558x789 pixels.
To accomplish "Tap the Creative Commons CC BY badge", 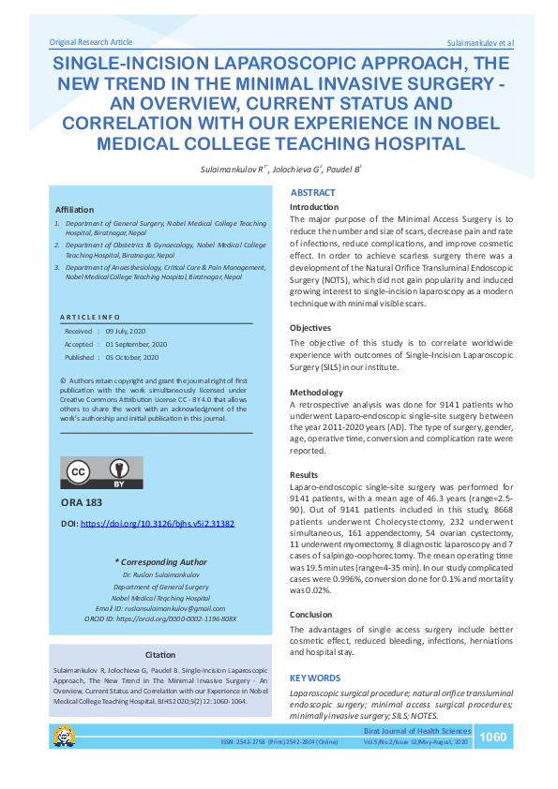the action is coord(101,473).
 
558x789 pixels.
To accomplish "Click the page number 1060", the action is coord(493,737).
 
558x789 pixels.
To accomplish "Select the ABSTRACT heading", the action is coord(312,192).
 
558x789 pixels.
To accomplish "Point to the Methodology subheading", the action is coord(315,392).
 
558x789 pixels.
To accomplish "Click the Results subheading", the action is coord(304,475).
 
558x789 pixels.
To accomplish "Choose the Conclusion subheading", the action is coord(311,615).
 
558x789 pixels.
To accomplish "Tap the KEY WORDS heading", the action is coord(314,677).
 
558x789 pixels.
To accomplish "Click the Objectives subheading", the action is coord(310,328).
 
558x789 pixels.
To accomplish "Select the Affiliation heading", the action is coord(75,209).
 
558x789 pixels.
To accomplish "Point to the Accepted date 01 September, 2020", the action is coord(137,345).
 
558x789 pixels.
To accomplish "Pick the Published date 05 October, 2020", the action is coord(132,358).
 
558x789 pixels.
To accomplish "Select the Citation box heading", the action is coord(159,654).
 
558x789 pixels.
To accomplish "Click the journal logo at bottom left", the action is coord(64,736).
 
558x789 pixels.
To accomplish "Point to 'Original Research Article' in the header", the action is coord(91,42).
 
